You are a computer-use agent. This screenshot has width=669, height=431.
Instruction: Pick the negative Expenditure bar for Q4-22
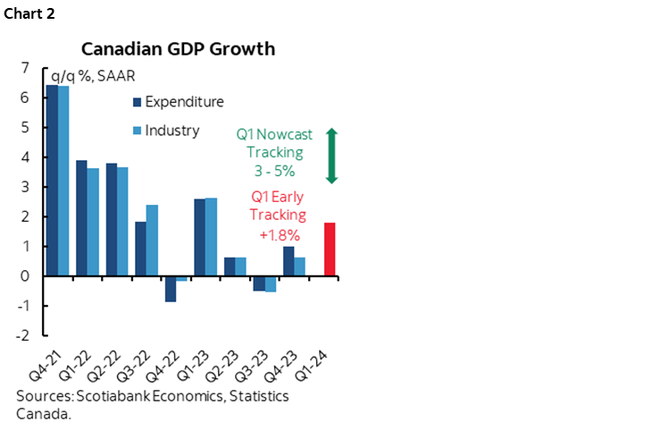click(170, 289)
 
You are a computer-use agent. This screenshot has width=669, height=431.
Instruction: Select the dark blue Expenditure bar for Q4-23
click(289, 261)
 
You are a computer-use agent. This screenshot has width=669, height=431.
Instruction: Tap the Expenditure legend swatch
click(137, 102)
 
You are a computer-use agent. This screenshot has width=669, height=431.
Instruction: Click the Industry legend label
click(172, 131)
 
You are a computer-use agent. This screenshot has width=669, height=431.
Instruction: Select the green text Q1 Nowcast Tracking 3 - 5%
click(274, 152)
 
